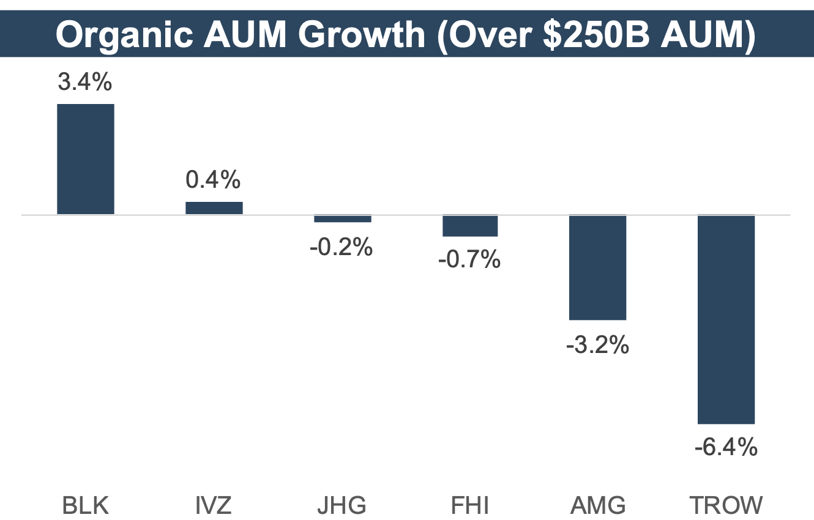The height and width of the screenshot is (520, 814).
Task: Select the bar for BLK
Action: (x=86, y=159)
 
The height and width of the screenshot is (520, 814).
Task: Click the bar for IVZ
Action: (x=214, y=208)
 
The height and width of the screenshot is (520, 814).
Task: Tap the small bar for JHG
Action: (x=343, y=218)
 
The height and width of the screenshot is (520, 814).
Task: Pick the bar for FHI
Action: (x=470, y=226)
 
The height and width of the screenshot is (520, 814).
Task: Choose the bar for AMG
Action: (x=598, y=267)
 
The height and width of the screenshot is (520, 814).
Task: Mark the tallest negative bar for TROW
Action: (x=726, y=319)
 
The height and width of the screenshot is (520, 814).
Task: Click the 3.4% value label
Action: (x=85, y=82)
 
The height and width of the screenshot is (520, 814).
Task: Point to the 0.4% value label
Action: (x=214, y=180)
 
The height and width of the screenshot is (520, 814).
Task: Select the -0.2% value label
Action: (x=342, y=248)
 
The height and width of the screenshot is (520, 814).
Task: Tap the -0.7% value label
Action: (x=469, y=261)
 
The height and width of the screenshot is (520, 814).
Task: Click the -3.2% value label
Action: (x=598, y=346)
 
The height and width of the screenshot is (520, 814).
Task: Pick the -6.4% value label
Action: (x=726, y=448)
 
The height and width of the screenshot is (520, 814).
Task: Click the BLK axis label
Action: (x=86, y=506)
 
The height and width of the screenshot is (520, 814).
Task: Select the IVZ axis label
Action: (x=214, y=506)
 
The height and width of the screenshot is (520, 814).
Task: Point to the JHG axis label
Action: (x=342, y=506)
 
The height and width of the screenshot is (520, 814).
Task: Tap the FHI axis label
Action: (x=470, y=506)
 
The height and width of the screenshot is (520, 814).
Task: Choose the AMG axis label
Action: (x=598, y=506)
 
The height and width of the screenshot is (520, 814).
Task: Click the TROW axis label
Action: (x=726, y=506)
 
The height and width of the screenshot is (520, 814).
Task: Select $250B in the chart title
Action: (x=583, y=35)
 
